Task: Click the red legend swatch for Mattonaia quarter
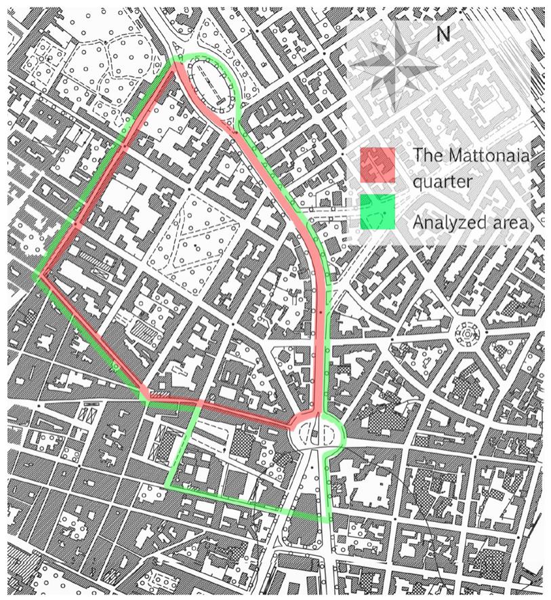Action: coord(377,165)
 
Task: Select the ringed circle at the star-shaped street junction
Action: coord(466,333)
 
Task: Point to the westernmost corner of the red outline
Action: coord(41,275)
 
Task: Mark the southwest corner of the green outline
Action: coord(167,485)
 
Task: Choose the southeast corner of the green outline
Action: coord(330,519)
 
